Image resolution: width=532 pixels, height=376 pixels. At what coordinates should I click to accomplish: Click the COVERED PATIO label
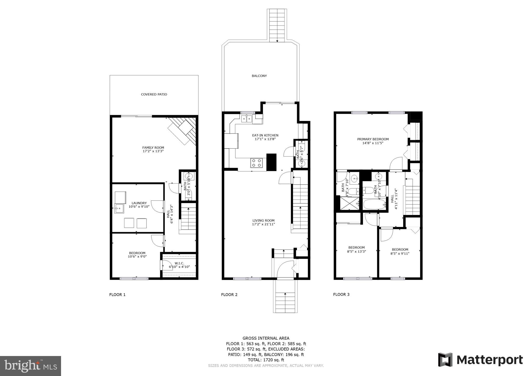coord(154,95)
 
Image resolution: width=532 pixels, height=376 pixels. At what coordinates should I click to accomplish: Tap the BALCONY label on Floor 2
coord(259,76)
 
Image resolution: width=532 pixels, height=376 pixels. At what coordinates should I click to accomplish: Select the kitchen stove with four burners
coord(257,163)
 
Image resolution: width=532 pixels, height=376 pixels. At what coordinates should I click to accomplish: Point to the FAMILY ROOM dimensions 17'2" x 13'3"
coord(153,151)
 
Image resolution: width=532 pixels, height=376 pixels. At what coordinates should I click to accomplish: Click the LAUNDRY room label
coord(139,203)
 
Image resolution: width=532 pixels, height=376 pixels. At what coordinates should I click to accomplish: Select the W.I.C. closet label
coord(179,263)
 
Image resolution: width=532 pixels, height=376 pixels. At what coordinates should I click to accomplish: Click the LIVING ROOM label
coord(263,220)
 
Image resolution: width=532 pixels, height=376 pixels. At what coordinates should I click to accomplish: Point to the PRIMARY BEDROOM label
coord(373,139)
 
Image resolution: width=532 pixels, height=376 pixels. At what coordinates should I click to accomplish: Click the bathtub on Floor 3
coord(374,204)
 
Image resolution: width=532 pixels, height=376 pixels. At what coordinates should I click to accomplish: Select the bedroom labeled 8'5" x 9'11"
coord(400,251)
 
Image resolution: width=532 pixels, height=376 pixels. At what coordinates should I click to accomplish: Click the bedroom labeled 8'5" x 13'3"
coord(356,249)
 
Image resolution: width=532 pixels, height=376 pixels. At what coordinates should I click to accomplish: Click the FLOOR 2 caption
coord(229,294)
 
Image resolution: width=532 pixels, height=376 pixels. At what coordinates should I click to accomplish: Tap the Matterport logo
coord(480,360)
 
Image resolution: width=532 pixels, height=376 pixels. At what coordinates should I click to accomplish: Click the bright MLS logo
coord(30,366)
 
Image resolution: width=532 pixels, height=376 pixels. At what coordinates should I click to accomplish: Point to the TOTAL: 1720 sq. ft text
coord(266,360)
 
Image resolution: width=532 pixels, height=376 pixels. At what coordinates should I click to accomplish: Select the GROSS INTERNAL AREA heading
coord(266,338)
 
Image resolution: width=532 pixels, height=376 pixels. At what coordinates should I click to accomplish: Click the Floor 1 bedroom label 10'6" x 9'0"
coord(137,255)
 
